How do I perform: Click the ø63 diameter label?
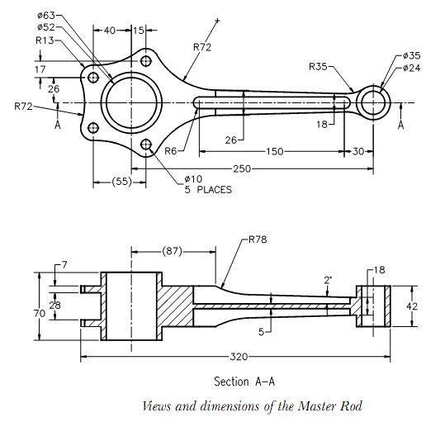point(48,16)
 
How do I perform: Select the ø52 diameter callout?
point(48,27)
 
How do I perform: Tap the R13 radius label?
point(45,40)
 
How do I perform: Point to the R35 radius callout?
point(320,66)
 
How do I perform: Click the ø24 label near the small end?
point(411,68)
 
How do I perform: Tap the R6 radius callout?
point(171,151)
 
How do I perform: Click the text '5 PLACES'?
point(207,190)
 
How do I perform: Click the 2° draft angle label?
point(328,281)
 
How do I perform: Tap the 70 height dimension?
point(40,314)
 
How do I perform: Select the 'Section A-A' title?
point(244,382)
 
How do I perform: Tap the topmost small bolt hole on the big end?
point(146,61)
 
